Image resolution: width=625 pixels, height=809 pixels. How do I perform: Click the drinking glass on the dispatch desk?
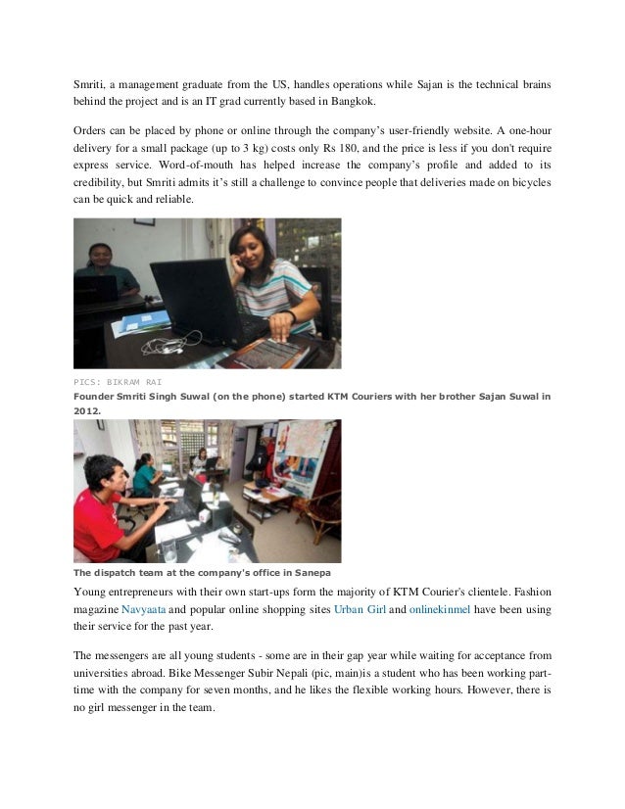(209, 514)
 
